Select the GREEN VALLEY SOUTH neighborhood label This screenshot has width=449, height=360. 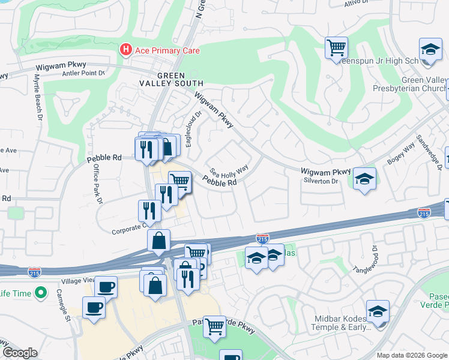(179, 79)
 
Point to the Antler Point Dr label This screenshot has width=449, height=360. (83, 73)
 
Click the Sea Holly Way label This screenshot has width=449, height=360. (229, 171)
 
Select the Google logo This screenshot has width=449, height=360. (20, 353)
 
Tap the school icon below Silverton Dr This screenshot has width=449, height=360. (364, 179)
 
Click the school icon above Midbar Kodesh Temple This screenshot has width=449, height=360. (378, 311)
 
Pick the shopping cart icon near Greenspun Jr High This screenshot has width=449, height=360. (336, 47)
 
